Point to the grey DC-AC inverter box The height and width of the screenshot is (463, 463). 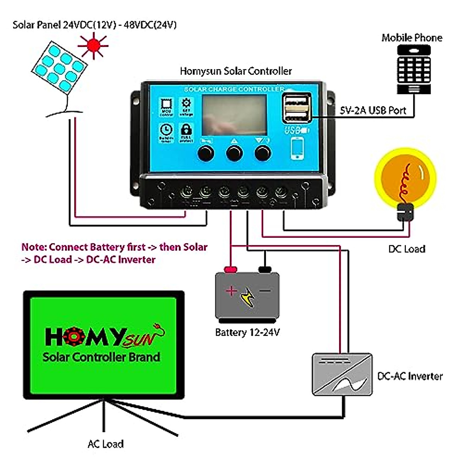pos(342,375)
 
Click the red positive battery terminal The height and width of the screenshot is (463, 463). pos(230,269)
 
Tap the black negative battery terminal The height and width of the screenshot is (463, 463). pos(265,269)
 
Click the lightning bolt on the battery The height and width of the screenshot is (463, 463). pos(247,297)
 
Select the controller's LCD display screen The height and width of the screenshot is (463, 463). pos(234,115)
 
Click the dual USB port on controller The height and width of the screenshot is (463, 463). pos(297,108)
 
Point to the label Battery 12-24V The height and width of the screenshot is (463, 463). pos(247,332)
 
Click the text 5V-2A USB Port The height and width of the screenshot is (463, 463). pos(373,110)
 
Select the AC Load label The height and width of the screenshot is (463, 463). pos(106,444)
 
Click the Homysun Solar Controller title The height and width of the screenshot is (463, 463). pos(236,71)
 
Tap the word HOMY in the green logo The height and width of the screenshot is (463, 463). pos(86,337)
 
